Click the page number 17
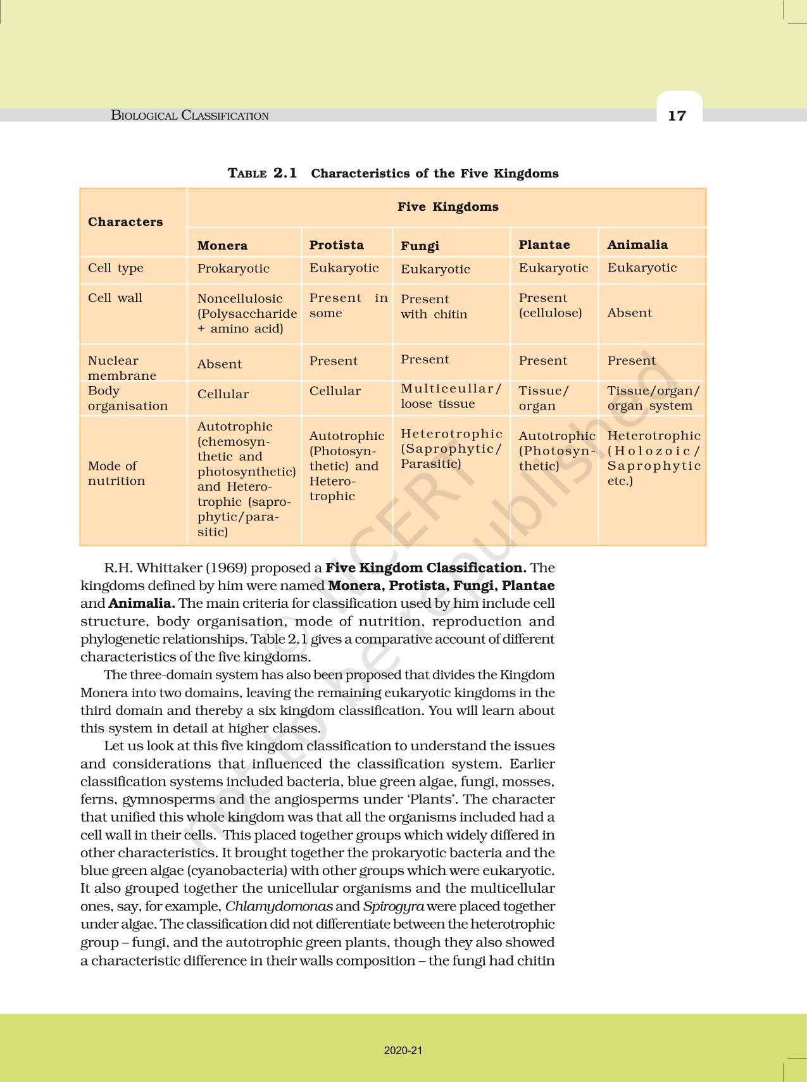(x=677, y=115)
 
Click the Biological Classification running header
(x=190, y=115)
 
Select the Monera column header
(x=222, y=246)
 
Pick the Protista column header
(x=336, y=245)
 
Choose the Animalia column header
(x=637, y=244)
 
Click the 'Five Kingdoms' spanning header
(x=447, y=207)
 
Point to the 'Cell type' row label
(x=116, y=268)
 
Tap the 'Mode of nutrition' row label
(x=116, y=473)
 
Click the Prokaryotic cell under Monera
(x=233, y=268)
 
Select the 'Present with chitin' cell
(x=434, y=306)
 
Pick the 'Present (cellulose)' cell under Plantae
(x=550, y=305)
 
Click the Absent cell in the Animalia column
(x=629, y=313)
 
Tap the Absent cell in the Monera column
(x=219, y=364)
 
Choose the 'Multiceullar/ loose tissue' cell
(x=451, y=396)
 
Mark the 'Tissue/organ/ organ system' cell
(x=653, y=398)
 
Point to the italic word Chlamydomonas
(x=278, y=906)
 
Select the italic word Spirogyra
(x=393, y=906)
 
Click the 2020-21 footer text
(x=403, y=1050)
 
